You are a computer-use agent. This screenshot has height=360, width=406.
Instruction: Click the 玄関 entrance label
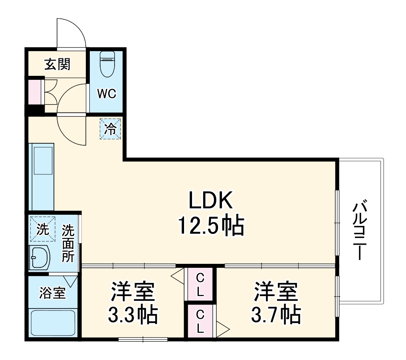coord(57,64)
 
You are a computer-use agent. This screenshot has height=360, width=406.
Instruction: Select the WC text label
coord(107,94)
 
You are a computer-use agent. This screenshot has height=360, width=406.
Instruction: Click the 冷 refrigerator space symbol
coord(110,129)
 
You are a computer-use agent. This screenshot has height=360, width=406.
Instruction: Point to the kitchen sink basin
coord(43,160)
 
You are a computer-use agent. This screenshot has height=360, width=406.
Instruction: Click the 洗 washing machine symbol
coord(42,229)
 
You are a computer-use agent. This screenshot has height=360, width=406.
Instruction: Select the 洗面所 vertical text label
coord(68,243)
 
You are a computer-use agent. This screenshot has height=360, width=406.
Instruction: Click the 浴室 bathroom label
coord(52,293)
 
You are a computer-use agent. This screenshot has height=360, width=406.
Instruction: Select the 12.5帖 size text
coord(210,226)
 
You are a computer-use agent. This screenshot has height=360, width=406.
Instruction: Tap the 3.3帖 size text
coord(133,315)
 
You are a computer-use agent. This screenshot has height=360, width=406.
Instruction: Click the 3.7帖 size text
coord(276,315)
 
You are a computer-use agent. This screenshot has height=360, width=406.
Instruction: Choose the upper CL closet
coord(200,284)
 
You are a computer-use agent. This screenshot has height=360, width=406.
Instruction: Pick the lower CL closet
coord(200,322)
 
